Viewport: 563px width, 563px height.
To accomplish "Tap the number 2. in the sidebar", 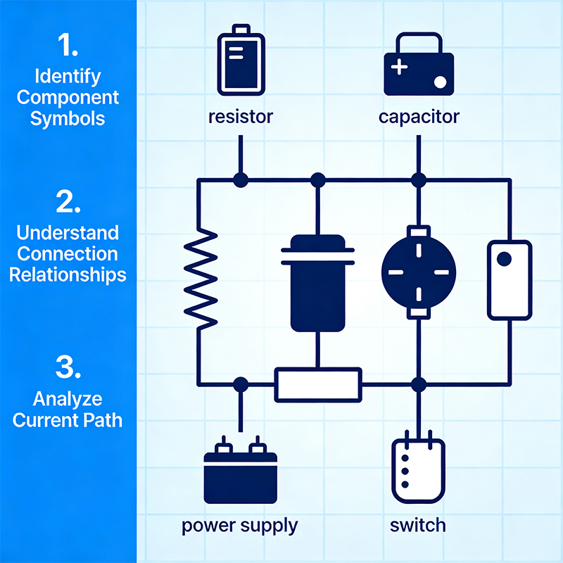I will coord(68,201).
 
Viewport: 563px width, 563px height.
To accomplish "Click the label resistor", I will coord(239,116).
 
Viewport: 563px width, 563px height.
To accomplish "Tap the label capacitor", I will coord(419,116).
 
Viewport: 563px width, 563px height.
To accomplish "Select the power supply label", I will coord(239,525).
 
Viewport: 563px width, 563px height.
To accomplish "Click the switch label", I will coord(419,525).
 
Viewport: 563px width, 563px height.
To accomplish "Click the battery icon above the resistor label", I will coord(239,59).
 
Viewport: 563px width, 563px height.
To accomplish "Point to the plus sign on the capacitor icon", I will coord(399,68).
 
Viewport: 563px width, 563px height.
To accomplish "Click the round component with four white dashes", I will coord(419,270).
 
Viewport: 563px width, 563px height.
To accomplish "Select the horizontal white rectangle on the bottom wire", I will coord(317,384).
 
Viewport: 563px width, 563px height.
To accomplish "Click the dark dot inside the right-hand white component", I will coord(504,260).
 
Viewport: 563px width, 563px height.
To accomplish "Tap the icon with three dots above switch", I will coord(419,468).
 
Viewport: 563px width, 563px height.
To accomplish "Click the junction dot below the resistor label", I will coord(240,180).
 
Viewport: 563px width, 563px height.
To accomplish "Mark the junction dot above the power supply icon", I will coord(240,384).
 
